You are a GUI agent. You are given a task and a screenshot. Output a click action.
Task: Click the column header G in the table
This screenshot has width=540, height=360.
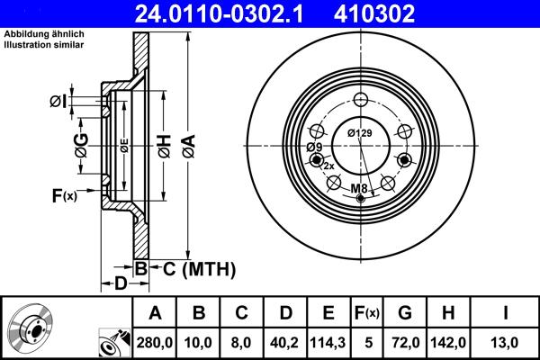point(405,312)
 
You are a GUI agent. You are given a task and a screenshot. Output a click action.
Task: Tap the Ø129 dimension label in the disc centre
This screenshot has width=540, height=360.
point(360,134)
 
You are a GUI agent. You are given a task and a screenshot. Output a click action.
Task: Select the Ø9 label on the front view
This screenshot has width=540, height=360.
point(314,147)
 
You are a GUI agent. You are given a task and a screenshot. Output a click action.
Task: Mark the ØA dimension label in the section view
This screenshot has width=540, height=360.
point(187,142)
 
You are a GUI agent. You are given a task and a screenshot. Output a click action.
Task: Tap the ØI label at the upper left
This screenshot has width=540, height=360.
point(58,101)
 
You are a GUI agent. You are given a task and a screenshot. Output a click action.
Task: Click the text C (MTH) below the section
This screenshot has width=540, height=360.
point(193,268)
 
